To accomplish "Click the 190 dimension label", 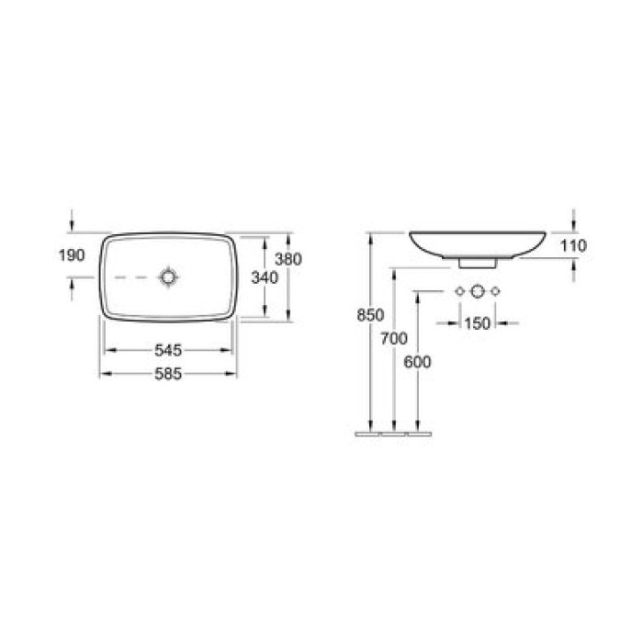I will pyautogui.click(x=73, y=254).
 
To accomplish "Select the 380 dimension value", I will pyautogui.click(x=288, y=260).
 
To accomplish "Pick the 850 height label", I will pyautogui.click(x=369, y=315).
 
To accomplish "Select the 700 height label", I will pyautogui.click(x=393, y=339).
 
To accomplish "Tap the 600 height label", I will pyautogui.click(x=417, y=362).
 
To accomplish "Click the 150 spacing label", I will pyautogui.click(x=478, y=322).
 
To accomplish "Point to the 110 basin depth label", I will pyautogui.click(x=571, y=245).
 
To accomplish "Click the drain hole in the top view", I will pyautogui.click(x=169, y=276).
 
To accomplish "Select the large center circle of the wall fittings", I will pyautogui.click(x=478, y=291).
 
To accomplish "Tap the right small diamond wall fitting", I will pyautogui.click(x=496, y=291).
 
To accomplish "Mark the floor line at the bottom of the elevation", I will pyautogui.click(x=393, y=430).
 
